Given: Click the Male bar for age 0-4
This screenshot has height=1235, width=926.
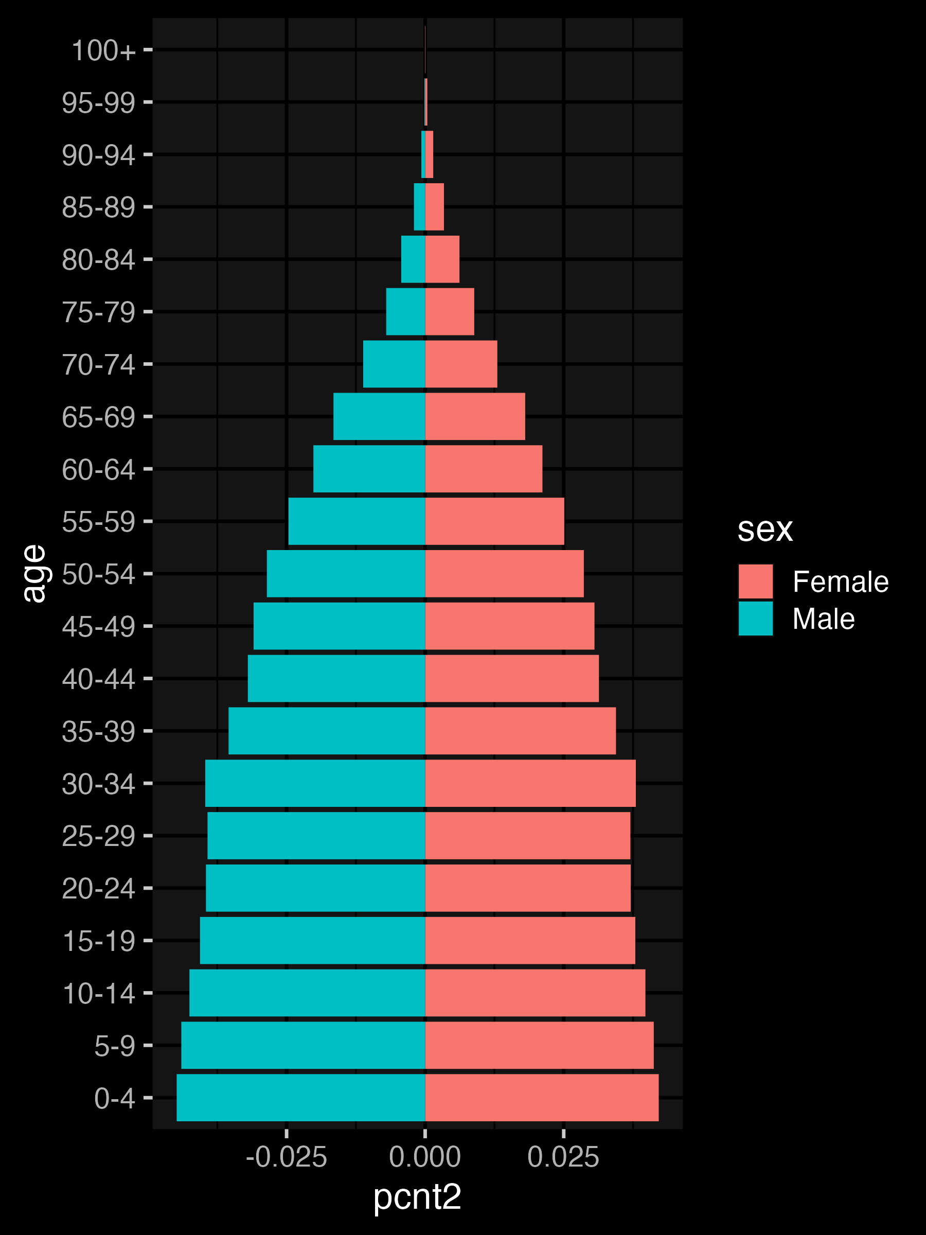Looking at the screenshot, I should [x=300, y=1097].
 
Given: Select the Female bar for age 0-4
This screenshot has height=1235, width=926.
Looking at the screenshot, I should [x=541, y=1097].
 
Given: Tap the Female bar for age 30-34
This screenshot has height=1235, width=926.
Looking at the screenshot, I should [x=530, y=783].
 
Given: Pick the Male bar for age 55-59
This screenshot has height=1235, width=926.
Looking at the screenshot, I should [x=356, y=521].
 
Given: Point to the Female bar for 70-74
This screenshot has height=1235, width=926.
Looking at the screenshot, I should [x=461, y=364].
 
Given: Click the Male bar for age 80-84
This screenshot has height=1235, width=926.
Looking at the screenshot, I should [x=413, y=259].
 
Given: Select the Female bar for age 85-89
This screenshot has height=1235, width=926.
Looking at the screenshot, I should [x=434, y=206].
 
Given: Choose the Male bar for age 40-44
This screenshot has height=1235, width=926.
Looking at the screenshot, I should [x=336, y=678].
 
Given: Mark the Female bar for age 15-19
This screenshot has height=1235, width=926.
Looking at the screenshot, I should [x=530, y=940].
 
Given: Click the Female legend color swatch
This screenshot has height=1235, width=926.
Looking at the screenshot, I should [x=755, y=581].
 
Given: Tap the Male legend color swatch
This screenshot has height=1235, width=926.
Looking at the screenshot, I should [x=755, y=618].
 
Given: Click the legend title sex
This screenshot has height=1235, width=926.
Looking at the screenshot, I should [x=764, y=528].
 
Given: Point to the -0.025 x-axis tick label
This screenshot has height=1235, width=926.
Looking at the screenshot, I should [x=287, y=1157].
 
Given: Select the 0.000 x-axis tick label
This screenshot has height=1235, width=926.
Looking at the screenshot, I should [x=425, y=1157].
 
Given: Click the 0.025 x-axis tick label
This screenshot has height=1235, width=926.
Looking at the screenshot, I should [x=563, y=1157].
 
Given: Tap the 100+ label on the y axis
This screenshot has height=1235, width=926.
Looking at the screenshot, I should [x=103, y=50].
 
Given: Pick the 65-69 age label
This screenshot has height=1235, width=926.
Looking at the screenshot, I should [x=98, y=417].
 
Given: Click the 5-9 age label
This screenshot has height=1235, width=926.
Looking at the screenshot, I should [x=114, y=1046].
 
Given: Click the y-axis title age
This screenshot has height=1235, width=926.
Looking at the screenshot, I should [x=34, y=573].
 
